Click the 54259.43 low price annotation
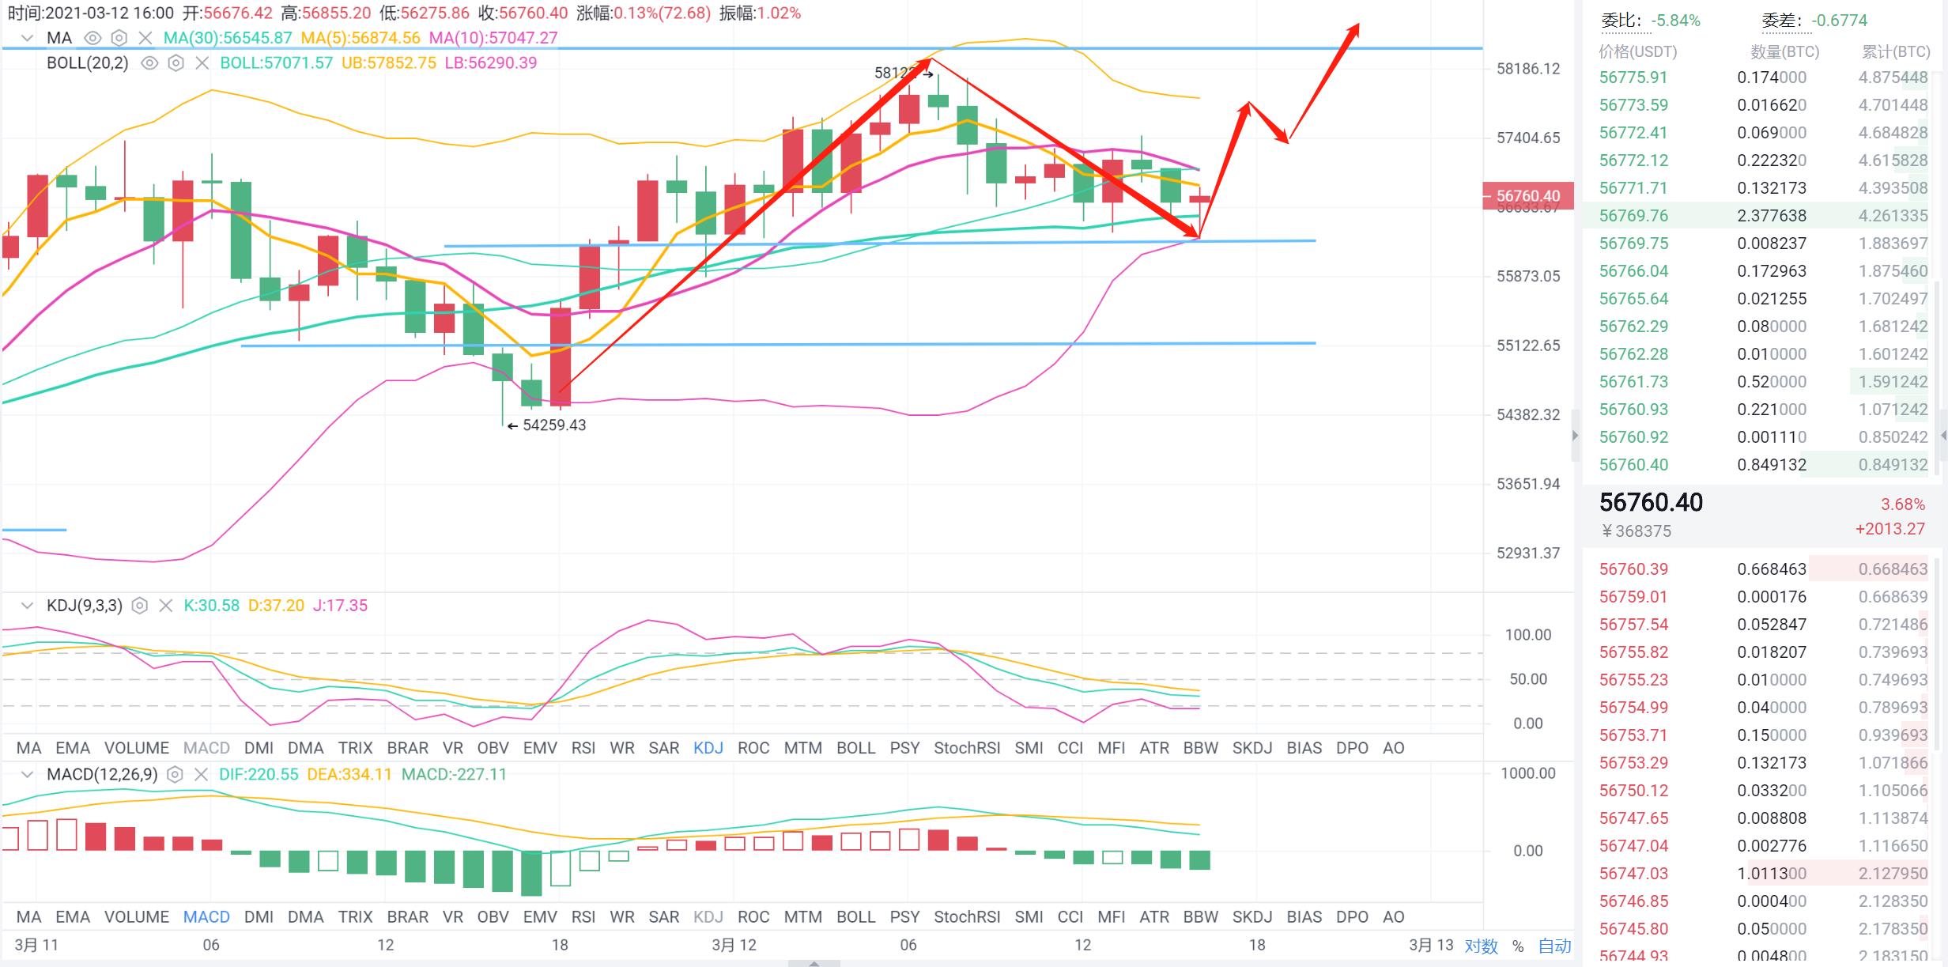coord(553,425)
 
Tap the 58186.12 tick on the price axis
coord(1527,69)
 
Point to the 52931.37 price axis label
coord(1527,553)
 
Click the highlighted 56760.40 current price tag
coord(1527,195)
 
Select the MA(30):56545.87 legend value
coord(227,38)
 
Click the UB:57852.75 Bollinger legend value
coord(388,63)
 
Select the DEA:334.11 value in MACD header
coord(349,774)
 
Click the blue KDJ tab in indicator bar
coord(708,748)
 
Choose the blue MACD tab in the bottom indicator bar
coord(206,917)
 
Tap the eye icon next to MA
coord(93,38)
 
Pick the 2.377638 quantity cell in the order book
coord(1771,216)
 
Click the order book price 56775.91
coord(1633,77)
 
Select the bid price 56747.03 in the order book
coord(1633,874)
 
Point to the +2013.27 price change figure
coord(1889,529)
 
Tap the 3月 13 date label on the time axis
coord(1431,945)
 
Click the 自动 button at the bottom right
coord(1554,946)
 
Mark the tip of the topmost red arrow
coord(1357,25)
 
